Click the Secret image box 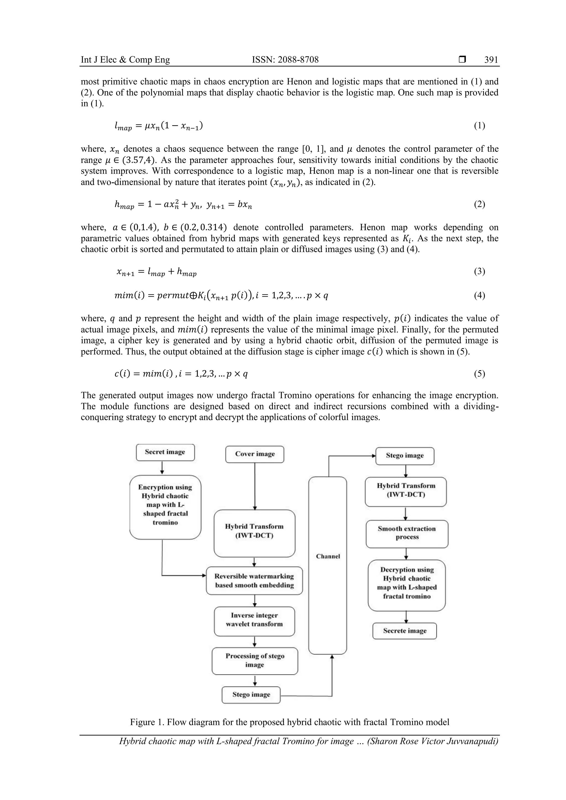tap(165, 452)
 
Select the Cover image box tap(255, 454)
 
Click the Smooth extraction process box tap(407, 533)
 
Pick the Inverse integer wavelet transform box tap(255, 620)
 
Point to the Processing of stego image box tap(255, 660)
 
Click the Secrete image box tap(405, 631)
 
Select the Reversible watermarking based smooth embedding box tap(255, 580)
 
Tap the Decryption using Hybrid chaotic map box tap(407, 583)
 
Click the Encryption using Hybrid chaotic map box tap(165, 504)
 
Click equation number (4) tap(479, 296)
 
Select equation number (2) tap(479, 204)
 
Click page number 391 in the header tap(491, 60)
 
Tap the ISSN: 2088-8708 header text tap(285, 60)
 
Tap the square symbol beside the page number tap(462, 60)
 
